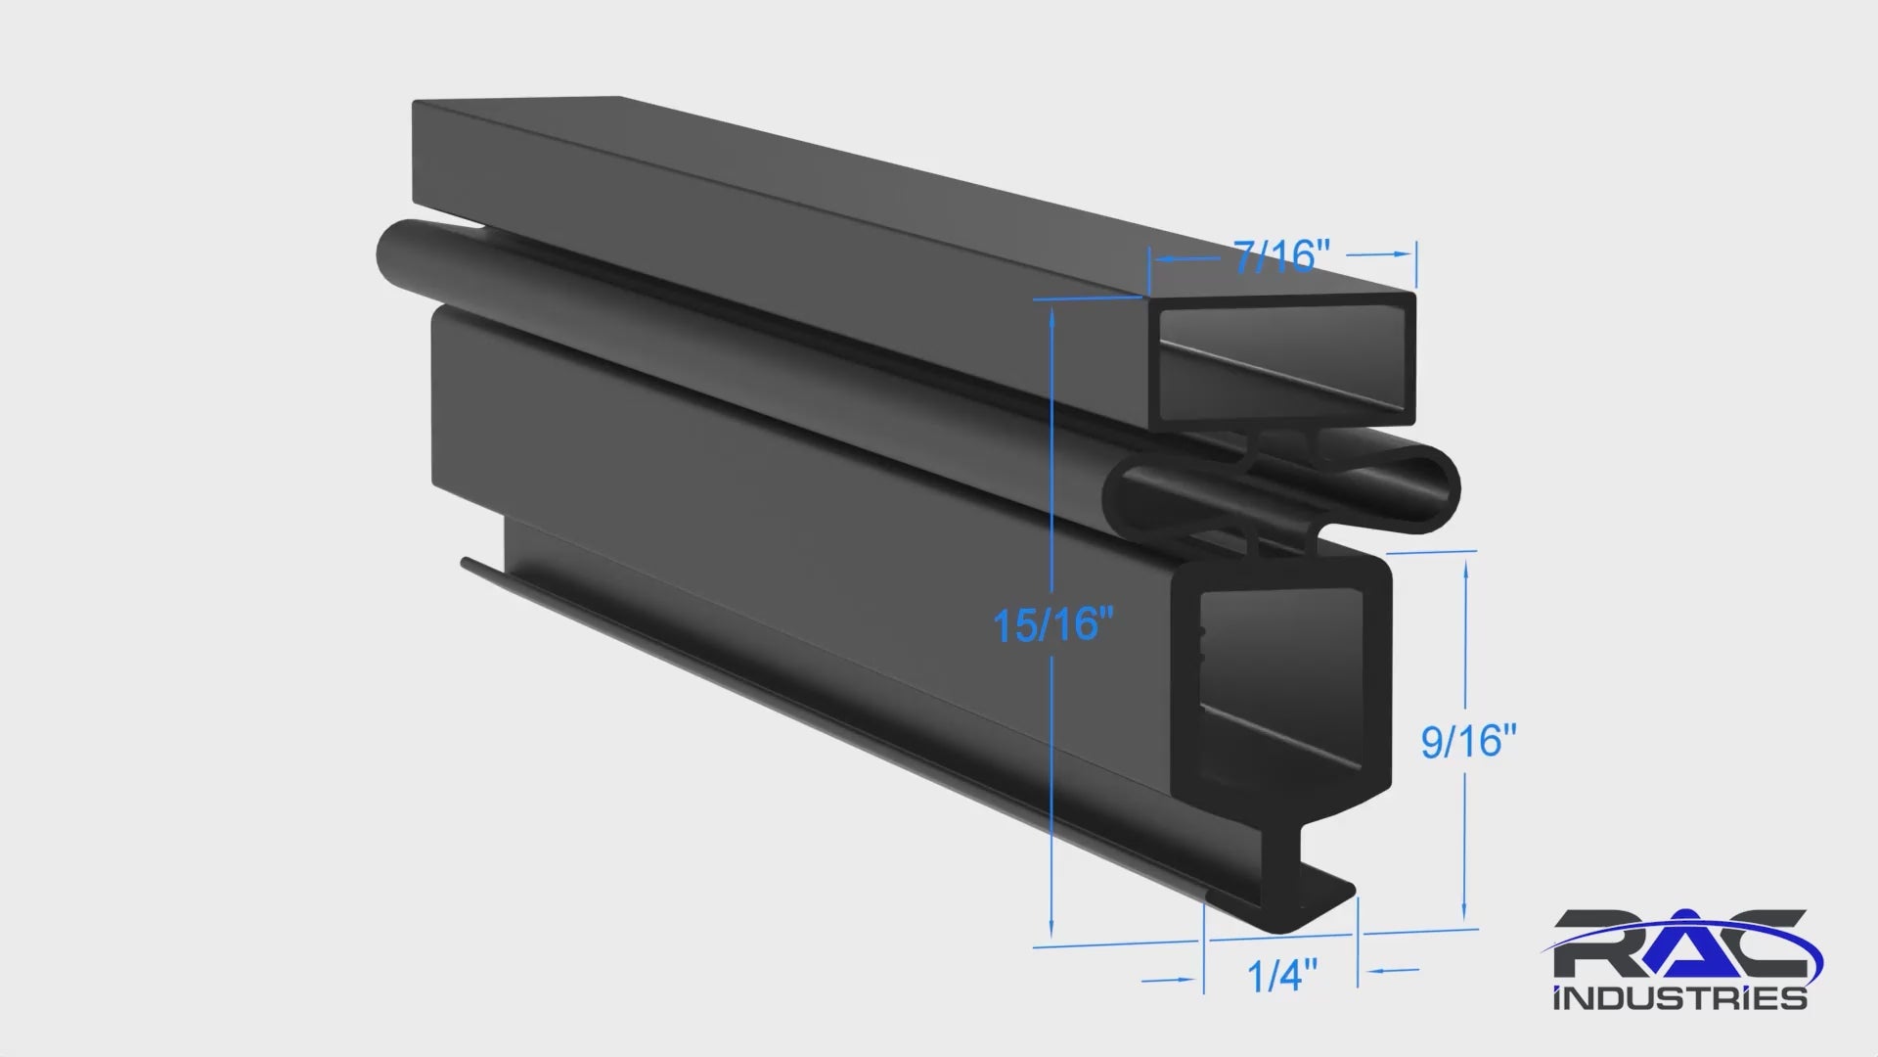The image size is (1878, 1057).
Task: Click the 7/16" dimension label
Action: click(1281, 257)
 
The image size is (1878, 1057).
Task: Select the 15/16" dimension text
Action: click(1052, 624)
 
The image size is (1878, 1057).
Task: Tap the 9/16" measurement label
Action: click(1468, 742)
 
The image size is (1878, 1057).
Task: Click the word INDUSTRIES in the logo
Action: click(1679, 998)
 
